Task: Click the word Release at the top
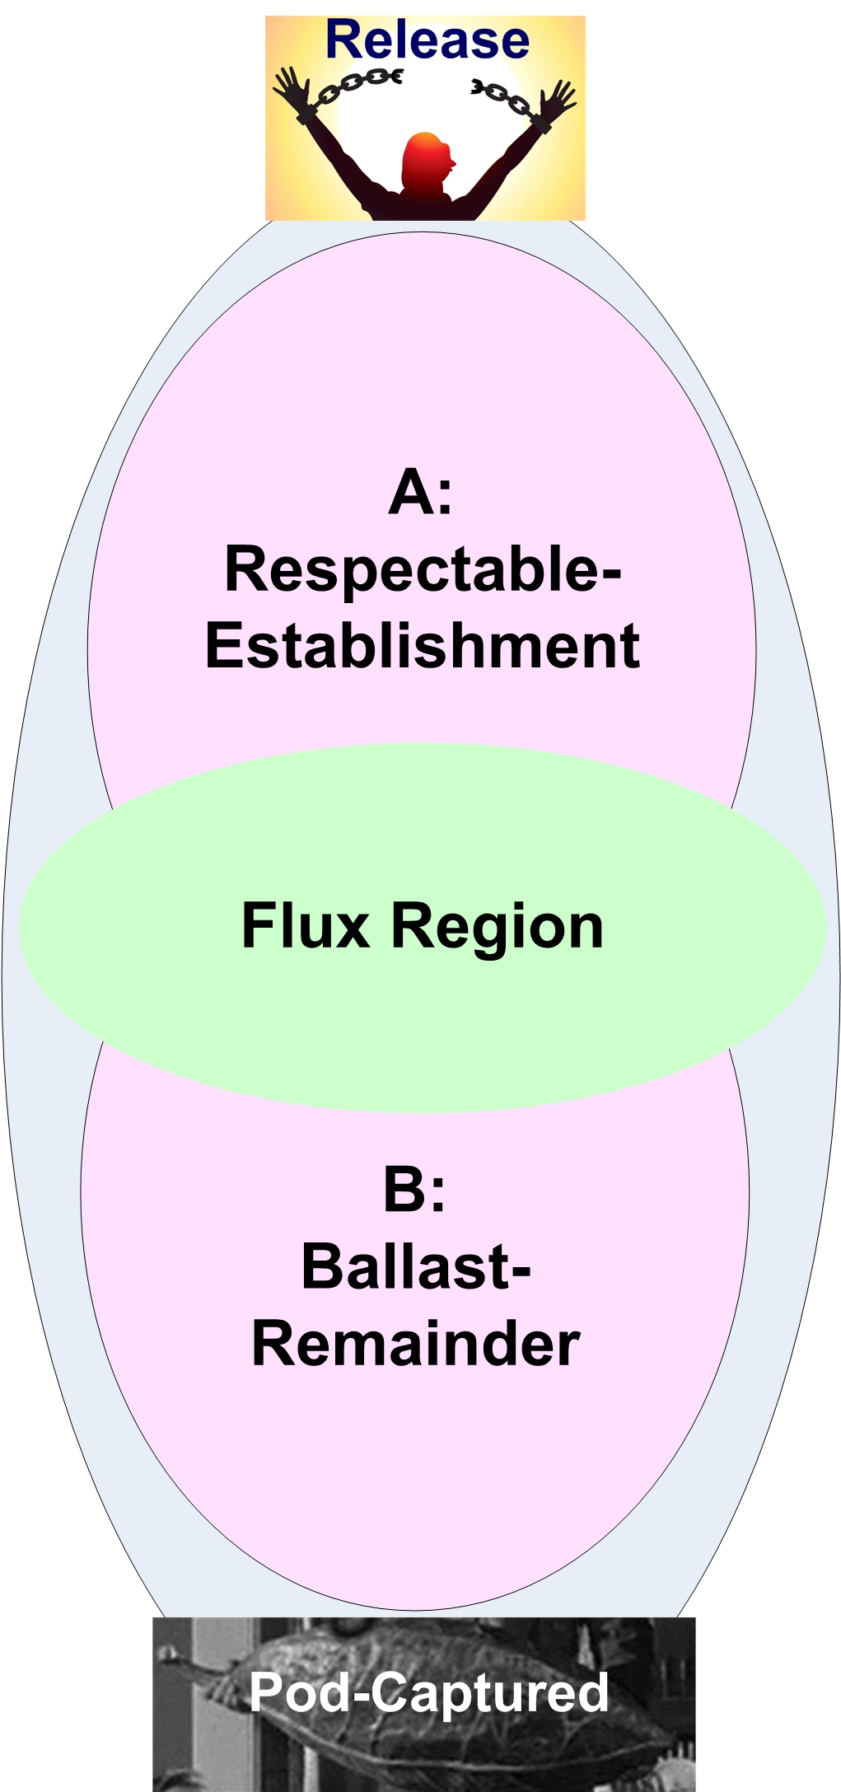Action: (x=428, y=40)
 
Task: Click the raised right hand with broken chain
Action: (x=559, y=100)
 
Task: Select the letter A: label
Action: (x=420, y=493)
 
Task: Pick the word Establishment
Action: (x=423, y=645)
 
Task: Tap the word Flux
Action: (x=306, y=926)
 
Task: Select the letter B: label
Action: (x=414, y=1191)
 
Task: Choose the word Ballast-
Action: (x=416, y=1266)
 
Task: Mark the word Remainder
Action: (x=416, y=1344)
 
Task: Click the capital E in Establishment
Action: (x=223, y=645)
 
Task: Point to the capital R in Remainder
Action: (x=273, y=1344)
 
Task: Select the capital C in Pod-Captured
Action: (x=389, y=1692)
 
